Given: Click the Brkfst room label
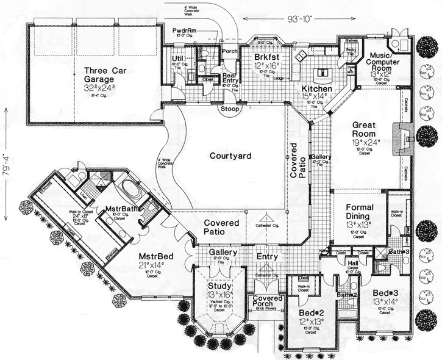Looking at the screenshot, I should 266,58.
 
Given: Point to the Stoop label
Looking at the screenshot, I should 229,109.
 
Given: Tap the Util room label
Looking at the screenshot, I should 177,59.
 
